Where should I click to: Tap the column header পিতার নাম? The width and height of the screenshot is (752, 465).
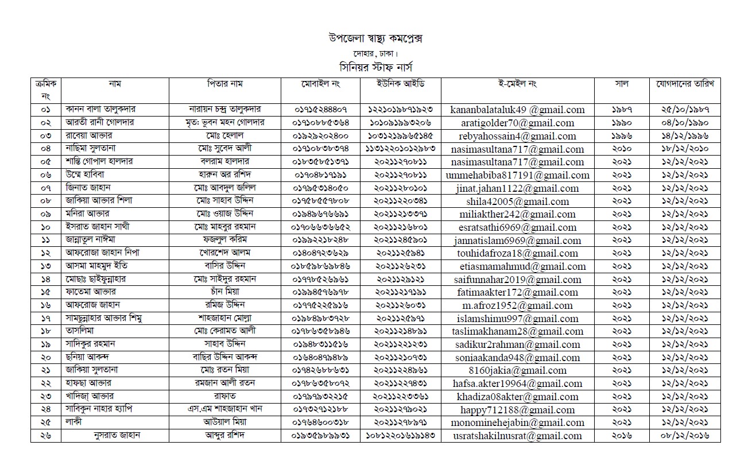(225, 84)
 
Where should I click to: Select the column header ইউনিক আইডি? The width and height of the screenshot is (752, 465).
(401, 84)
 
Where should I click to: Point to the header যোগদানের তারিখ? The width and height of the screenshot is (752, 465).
(684, 84)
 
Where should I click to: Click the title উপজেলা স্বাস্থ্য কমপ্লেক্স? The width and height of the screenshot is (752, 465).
(375, 38)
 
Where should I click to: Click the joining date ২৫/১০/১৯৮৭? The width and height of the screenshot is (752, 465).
(684, 110)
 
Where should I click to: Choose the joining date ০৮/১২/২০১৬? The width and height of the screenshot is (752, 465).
(684, 436)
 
